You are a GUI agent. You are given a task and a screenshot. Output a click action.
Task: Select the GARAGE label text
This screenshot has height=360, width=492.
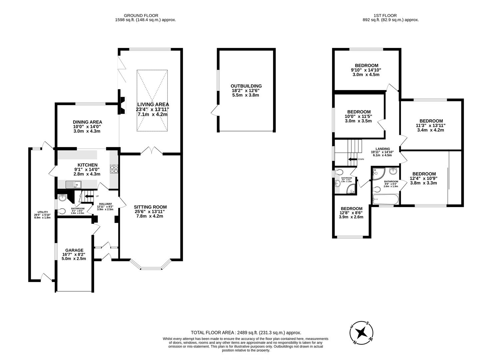tap(74, 250)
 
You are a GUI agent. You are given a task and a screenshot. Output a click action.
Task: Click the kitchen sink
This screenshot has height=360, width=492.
tap(73, 184)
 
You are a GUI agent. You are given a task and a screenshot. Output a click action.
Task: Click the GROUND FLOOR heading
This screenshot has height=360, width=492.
tap(141, 15)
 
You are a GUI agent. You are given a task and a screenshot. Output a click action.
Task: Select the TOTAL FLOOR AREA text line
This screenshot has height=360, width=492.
tap(246, 332)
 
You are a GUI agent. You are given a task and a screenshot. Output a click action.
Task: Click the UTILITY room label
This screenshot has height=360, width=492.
tap(43, 212)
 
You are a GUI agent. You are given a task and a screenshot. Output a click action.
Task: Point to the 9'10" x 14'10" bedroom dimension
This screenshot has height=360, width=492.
tap(366, 70)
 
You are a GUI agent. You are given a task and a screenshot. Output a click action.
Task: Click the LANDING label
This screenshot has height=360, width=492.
tap(382, 149)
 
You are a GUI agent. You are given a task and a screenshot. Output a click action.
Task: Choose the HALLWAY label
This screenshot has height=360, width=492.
tap(105, 204)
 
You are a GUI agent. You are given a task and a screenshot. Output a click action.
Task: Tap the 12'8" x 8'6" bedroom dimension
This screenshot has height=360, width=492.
tap(351, 213)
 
